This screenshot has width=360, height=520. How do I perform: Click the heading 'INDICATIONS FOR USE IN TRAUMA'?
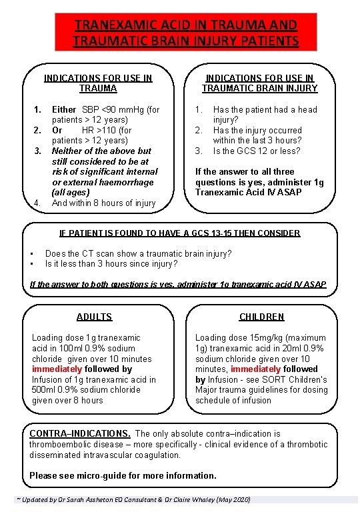(98, 83)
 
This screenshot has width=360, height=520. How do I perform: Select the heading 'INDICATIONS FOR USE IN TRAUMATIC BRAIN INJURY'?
(260, 83)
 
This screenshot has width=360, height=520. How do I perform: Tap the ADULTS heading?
(95, 317)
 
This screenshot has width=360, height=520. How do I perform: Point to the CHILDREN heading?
(263, 317)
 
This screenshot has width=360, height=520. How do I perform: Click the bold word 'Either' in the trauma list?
(64, 109)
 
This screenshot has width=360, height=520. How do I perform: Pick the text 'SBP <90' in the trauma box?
(97, 109)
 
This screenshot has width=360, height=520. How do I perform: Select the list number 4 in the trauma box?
(38, 203)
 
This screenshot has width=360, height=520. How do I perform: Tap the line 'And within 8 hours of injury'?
(103, 203)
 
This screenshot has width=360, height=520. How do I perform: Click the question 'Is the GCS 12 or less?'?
(257, 151)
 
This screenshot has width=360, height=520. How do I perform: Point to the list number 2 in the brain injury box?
(199, 130)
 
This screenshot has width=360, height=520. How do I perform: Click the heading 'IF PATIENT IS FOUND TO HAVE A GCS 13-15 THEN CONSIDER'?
(180, 233)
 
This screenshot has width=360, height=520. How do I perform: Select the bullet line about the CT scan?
(138, 253)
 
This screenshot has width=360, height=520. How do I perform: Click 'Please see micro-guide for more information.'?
(123, 476)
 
